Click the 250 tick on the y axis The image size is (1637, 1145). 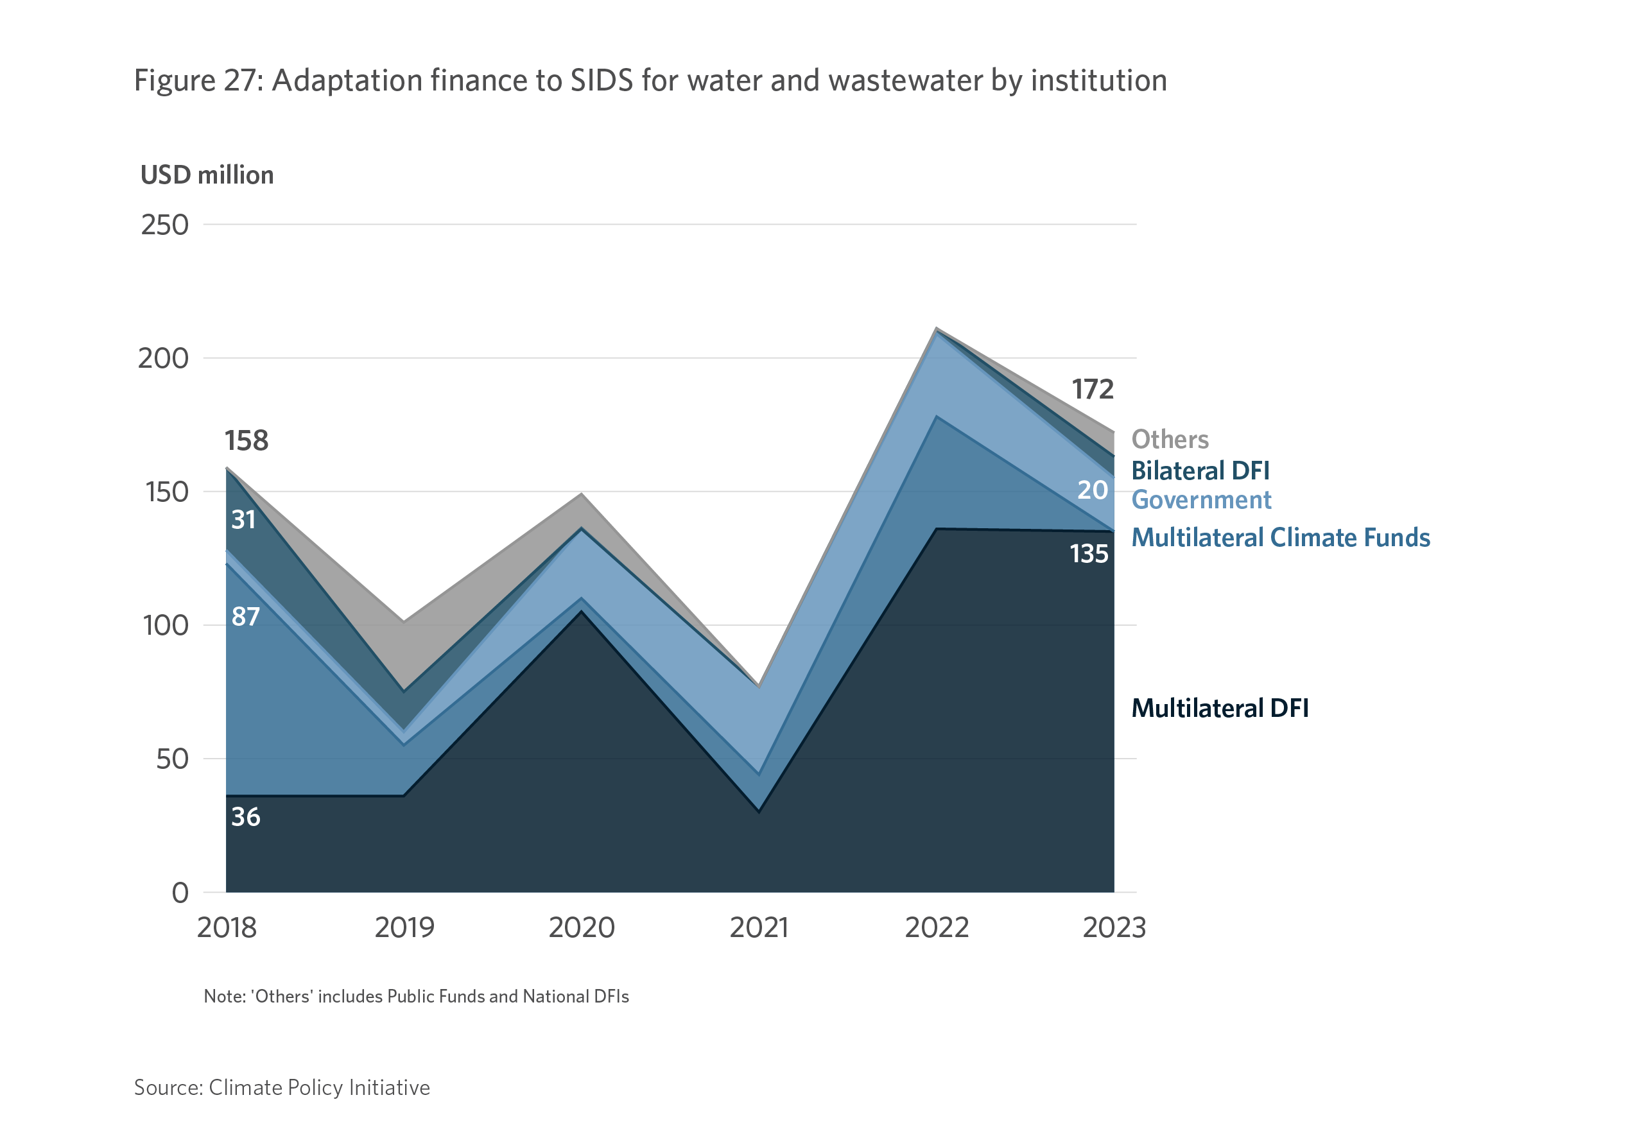165,225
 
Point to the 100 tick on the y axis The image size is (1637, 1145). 166,626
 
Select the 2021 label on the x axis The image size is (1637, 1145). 759,927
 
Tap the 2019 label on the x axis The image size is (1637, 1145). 404,927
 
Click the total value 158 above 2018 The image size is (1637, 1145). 246,440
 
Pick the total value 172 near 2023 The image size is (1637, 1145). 1092,390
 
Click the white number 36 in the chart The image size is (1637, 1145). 245,817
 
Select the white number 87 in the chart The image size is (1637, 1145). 245,617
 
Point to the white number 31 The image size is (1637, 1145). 243,520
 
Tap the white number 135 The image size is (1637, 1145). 1089,554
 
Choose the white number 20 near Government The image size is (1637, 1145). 1091,490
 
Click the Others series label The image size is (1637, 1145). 1170,439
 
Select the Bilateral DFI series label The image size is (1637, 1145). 1200,470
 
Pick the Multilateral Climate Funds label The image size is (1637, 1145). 1281,538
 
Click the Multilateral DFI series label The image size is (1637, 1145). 1220,709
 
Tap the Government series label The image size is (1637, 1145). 1201,500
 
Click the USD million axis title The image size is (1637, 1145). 207,175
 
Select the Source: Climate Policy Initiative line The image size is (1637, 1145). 282,1088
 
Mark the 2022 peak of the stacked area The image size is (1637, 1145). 936,328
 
